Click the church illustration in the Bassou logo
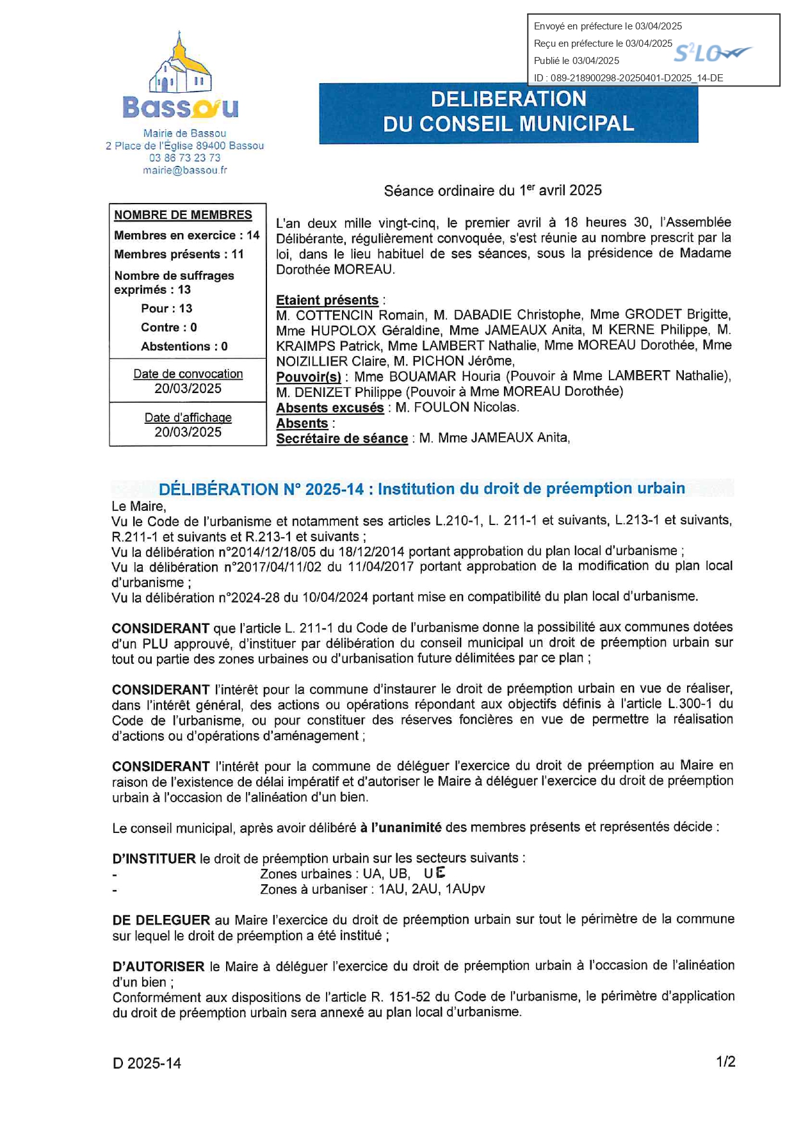tap(180, 67)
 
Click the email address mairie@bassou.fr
tap(184, 170)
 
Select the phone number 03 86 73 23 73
tap(184, 158)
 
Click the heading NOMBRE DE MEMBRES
tap(183, 215)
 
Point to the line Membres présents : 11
tap(179, 254)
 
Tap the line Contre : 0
tap(168, 327)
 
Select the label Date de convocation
tap(188, 374)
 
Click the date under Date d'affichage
tap(188, 432)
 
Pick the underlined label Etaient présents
tap(327, 300)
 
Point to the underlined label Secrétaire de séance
tap(342, 439)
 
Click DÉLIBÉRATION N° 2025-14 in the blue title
tap(261, 489)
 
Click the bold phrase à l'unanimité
tap(401, 827)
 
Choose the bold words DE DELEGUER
tap(161, 920)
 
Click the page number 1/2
tap(725, 1062)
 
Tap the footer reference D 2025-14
tap(147, 1063)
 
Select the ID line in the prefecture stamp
tap(628, 78)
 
